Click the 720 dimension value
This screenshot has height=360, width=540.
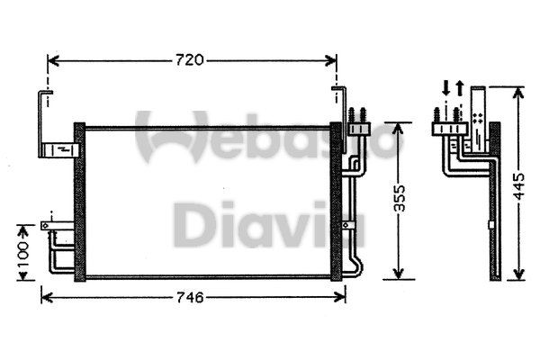190,60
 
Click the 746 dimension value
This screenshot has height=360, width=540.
190,297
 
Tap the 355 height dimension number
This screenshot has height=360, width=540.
400,198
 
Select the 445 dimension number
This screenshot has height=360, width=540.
518,186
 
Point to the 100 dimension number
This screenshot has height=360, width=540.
23,255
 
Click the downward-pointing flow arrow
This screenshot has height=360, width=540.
446,88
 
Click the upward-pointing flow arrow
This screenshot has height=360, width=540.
460,88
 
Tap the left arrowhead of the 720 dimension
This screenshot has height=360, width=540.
53,60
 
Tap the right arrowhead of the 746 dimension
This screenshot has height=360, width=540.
339,297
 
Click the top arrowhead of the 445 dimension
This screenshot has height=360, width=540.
518,93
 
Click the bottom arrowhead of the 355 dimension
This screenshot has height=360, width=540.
398,274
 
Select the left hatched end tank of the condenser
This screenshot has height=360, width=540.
80,202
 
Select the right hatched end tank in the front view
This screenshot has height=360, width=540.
336,202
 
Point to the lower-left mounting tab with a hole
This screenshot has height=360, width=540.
58,226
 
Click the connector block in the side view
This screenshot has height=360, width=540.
450,129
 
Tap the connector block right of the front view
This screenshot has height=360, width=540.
359,129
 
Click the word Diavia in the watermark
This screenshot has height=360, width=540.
268,224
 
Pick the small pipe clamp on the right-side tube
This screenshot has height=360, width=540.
348,225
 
